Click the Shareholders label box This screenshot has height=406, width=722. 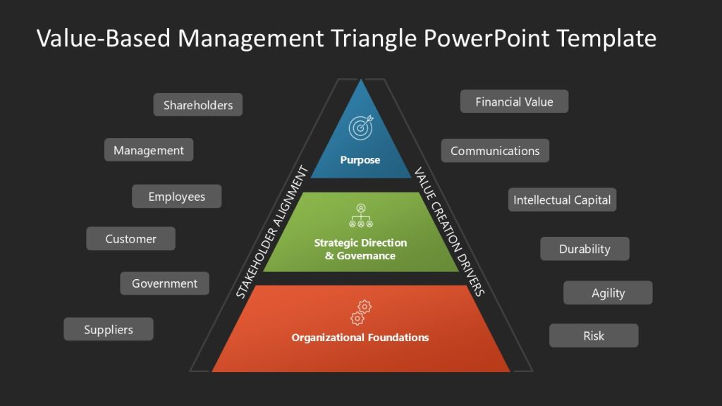pos(197,105)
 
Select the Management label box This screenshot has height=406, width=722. pos(149,150)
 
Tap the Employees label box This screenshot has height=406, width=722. pos(176,197)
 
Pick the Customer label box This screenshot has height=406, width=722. pos(130,239)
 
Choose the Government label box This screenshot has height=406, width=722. pos(164,283)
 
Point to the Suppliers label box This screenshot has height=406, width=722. pos(108,329)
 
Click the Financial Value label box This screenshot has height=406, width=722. pos(514,101)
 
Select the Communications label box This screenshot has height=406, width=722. pos(495,151)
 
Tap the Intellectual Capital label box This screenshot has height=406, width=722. pos(562,199)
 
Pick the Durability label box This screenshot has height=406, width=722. pos(585,249)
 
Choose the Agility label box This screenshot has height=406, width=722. pos(608,293)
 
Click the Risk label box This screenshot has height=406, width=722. pos(594,336)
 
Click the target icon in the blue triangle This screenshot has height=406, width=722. pos(360,127)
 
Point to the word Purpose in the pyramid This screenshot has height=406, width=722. pos(360,160)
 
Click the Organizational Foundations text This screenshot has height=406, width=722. pos(360,338)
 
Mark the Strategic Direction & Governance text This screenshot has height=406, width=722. pos(360,249)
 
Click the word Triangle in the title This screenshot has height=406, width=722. pos(380,37)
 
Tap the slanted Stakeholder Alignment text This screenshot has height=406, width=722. pos(272,233)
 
